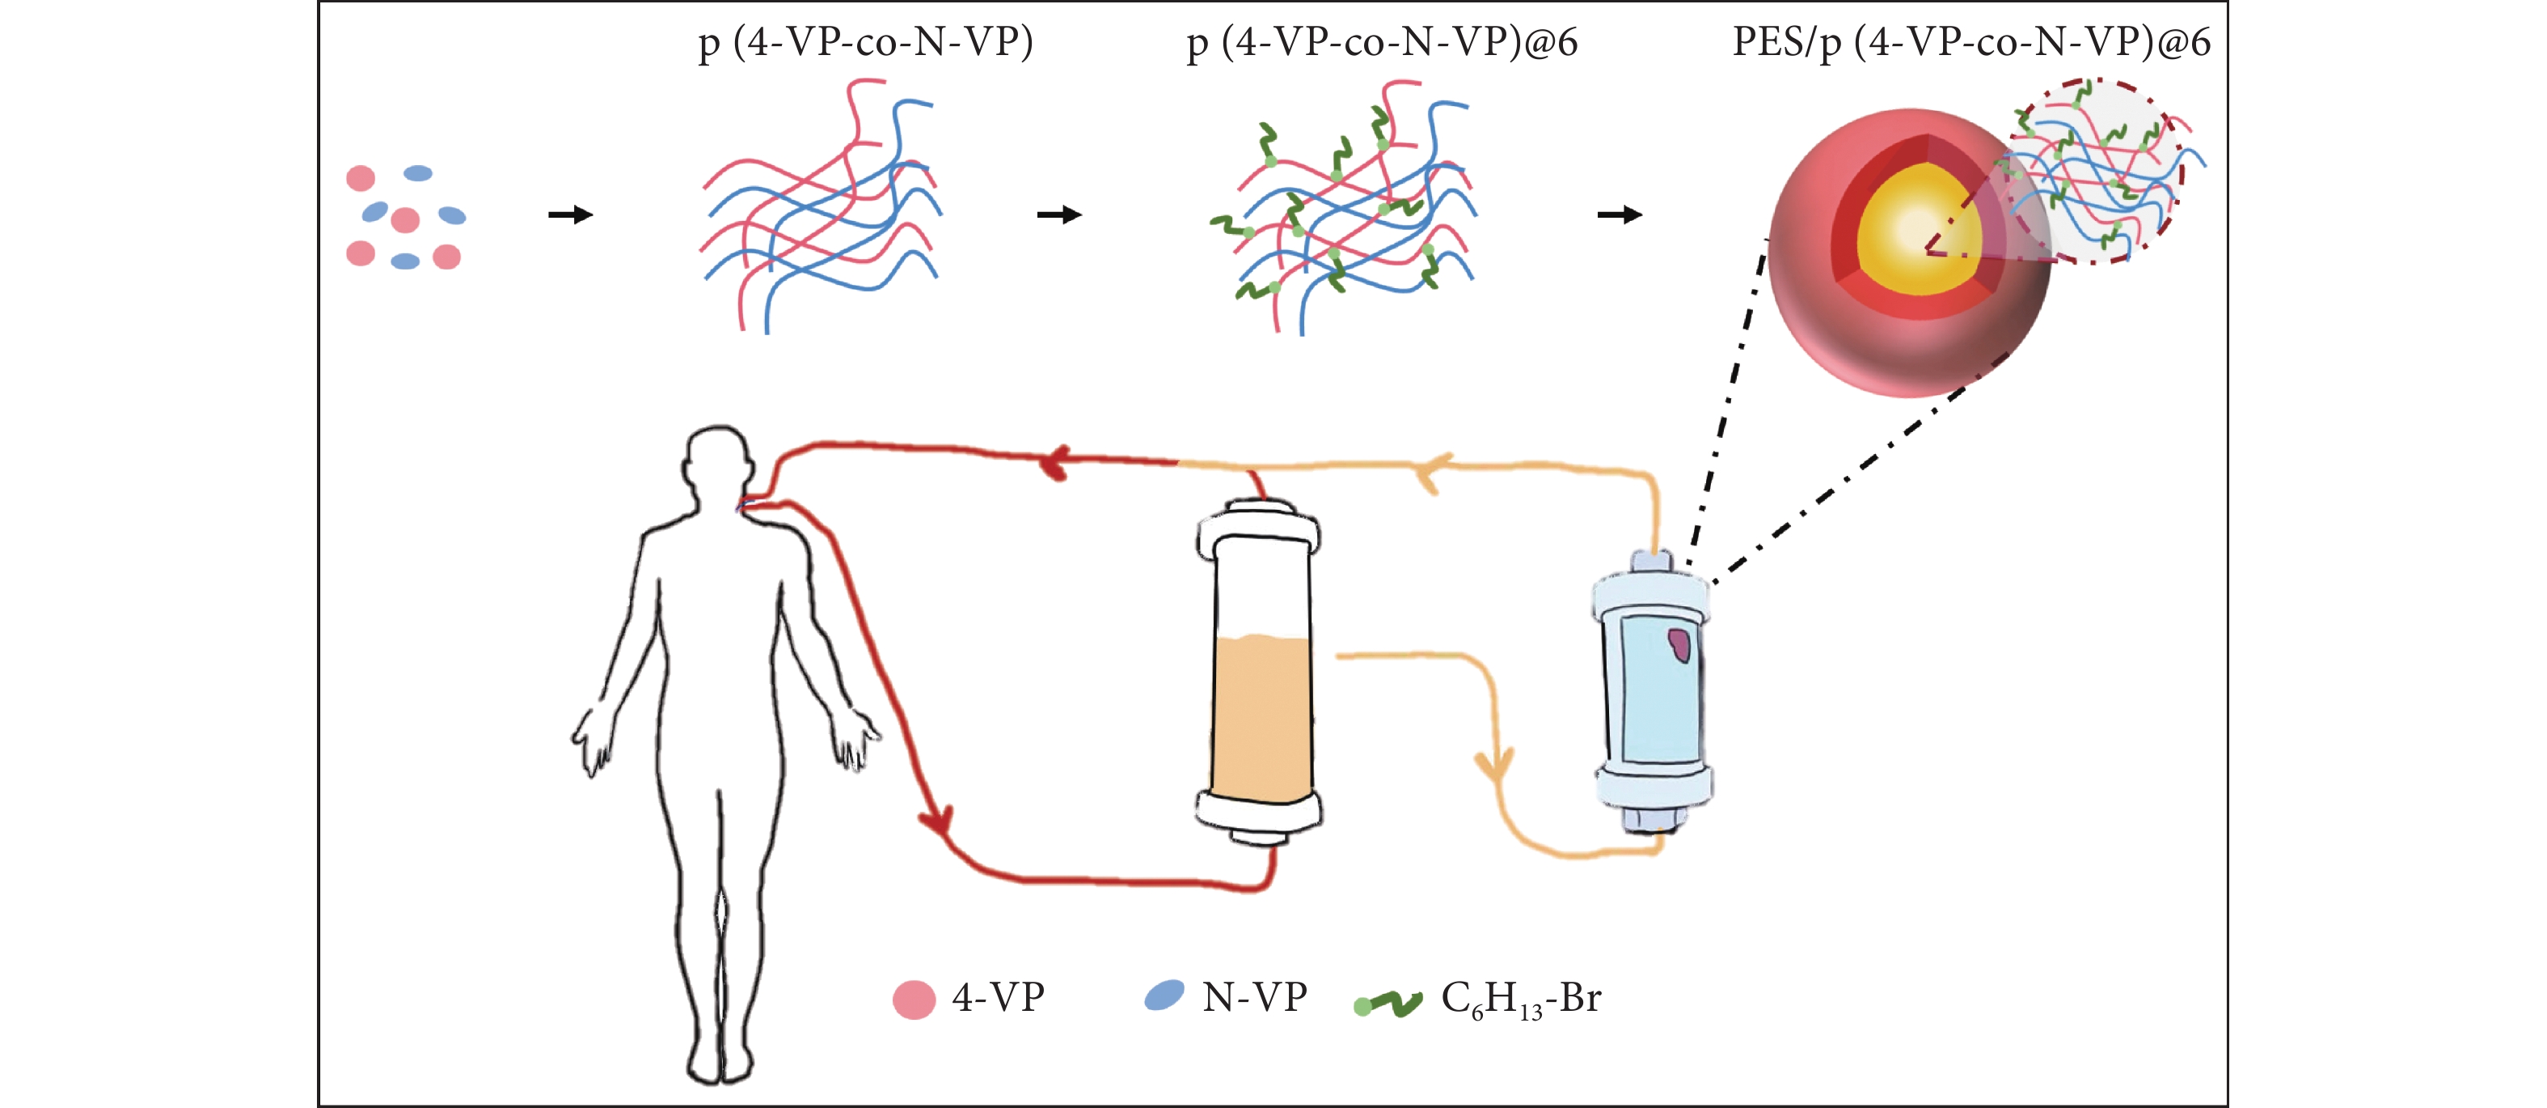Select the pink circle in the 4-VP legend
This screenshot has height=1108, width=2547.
(914, 1000)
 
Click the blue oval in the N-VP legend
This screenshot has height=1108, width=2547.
(1164, 996)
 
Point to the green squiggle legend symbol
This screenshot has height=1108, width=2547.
(1388, 1003)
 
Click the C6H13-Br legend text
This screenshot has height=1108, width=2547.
(1521, 1000)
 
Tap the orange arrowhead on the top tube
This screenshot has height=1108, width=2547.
(1433, 471)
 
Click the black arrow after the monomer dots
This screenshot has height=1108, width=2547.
(571, 214)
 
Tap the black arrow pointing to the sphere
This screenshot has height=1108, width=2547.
(1620, 214)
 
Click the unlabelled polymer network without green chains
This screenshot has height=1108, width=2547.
(822, 208)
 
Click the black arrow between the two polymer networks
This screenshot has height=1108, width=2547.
(1059, 214)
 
